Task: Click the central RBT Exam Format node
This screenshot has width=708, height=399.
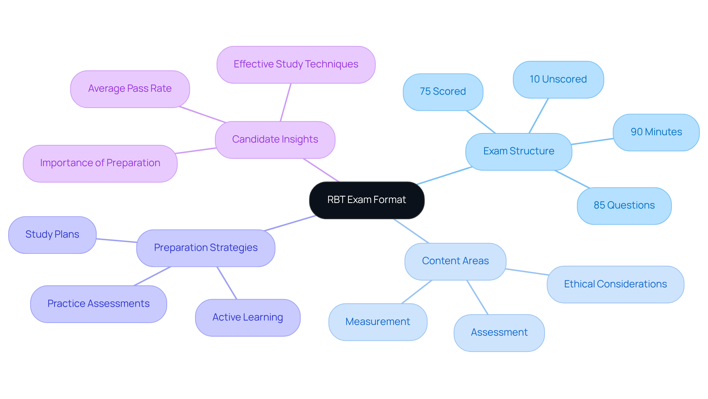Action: click(x=367, y=200)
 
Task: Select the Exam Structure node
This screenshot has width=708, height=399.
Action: click(x=518, y=151)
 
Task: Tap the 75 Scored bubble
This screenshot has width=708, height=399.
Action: click(x=442, y=92)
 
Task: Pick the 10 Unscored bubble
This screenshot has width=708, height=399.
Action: click(x=558, y=80)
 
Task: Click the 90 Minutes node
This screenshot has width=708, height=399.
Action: click(x=656, y=132)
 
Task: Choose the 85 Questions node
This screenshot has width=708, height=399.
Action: click(x=624, y=206)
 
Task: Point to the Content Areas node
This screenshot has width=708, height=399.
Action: click(x=455, y=261)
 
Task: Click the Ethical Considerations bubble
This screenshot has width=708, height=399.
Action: click(x=615, y=284)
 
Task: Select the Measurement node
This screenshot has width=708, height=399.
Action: click(x=378, y=322)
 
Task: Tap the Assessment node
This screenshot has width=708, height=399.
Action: click(x=499, y=333)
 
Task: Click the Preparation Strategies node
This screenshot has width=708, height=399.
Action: click(x=205, y=248)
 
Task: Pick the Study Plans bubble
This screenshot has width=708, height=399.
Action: click(x=52, y=235)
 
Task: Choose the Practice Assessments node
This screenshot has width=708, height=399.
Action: click(x=98, y=304)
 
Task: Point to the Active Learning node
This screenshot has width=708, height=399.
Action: click(x=247, y=318)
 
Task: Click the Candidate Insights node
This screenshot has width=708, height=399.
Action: click(x=275, y=140)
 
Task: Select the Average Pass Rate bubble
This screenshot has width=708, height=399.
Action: click(x=130, y=89)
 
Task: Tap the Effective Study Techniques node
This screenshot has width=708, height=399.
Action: click(x=296, y=64)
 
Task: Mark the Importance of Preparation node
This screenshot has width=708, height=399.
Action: click(x=100, y=163)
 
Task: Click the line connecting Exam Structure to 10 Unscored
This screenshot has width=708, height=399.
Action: click(x=539, y=116)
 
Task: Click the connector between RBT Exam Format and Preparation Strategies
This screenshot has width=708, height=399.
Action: click(x=289, y=223)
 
